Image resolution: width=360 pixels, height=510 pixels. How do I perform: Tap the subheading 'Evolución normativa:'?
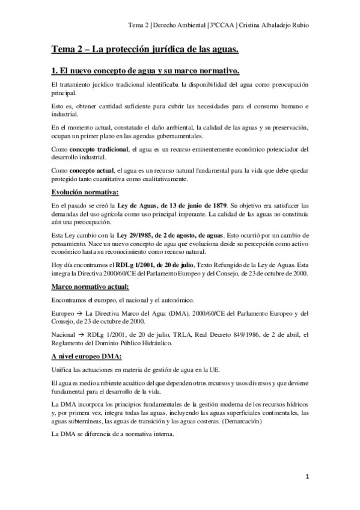click(85, 192)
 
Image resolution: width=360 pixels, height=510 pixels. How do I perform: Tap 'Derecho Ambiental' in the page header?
click(179, 26)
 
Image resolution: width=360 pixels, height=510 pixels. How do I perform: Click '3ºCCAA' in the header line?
click(221, 26)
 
